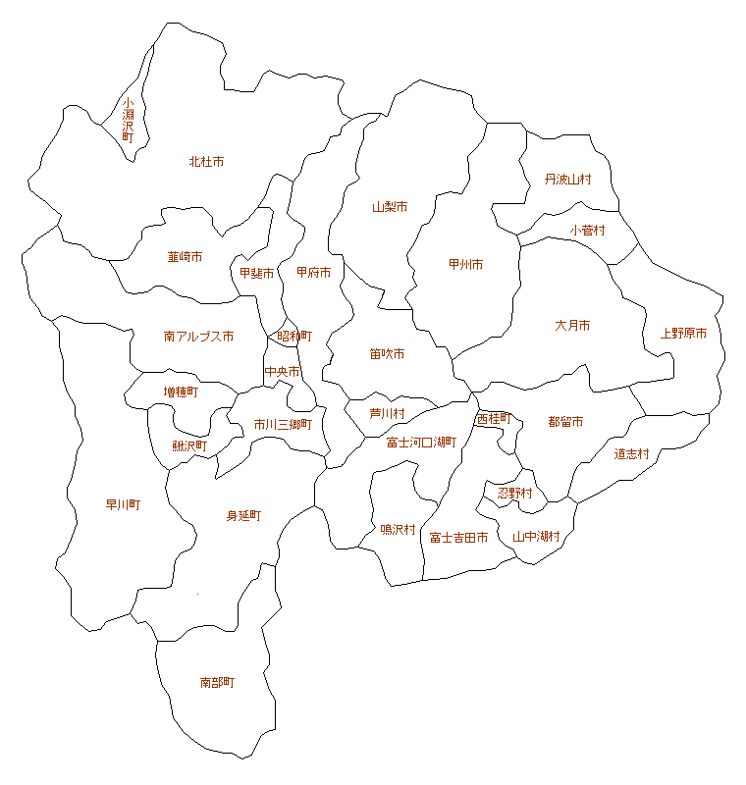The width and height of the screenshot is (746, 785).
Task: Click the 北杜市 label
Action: coord(206,162)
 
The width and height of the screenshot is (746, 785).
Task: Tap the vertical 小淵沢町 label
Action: coord(128,121)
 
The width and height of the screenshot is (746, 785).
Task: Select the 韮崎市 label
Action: coord(185,257)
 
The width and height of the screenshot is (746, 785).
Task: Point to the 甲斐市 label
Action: coord(256,274)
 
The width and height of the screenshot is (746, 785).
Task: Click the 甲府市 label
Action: coord(313,273)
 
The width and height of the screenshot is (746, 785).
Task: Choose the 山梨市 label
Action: coord(390,207)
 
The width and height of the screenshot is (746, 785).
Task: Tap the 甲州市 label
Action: coord(465,265)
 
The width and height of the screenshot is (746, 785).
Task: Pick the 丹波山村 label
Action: coord(568,180)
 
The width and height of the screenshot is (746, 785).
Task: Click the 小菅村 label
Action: coord(587,231)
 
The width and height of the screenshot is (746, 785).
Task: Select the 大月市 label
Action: coord(572,325)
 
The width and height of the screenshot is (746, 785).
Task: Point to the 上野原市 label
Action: coord(683,334)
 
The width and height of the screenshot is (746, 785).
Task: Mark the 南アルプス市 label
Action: coord(198,337)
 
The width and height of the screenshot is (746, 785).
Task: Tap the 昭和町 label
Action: coord(293,336)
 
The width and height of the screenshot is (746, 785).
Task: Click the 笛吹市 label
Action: coord(387,354)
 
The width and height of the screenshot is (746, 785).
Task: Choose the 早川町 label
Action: coord(123,505)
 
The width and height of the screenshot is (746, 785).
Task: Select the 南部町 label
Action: coord(217,682)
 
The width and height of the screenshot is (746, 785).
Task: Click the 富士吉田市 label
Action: coord(458,538)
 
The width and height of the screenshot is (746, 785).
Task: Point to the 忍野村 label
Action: coord(514,493)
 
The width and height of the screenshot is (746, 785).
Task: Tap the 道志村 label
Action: coord(632,454)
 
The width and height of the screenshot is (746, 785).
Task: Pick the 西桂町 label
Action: coord(494,418)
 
